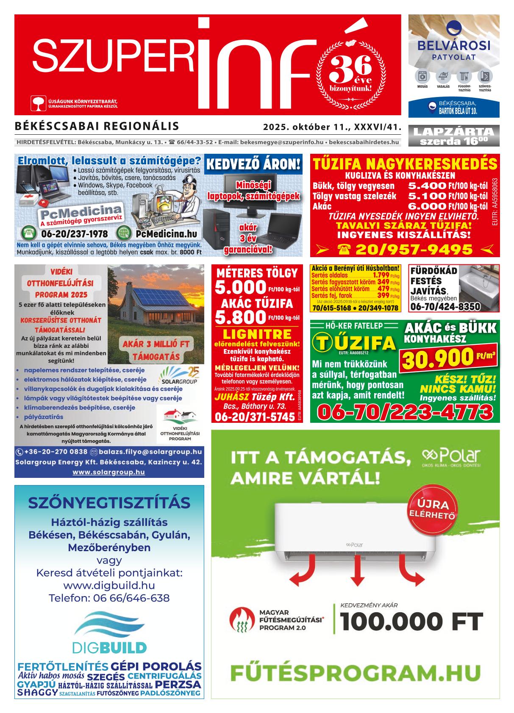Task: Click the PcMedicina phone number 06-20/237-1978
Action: point(75,234)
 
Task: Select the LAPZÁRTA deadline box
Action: point(453,136)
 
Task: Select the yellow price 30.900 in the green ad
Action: point(438,358)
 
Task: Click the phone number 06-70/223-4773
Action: point(405,411)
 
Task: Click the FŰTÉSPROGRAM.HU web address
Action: point(356,673)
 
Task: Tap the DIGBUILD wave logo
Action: point(109,626)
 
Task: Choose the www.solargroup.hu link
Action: point(109,472)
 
